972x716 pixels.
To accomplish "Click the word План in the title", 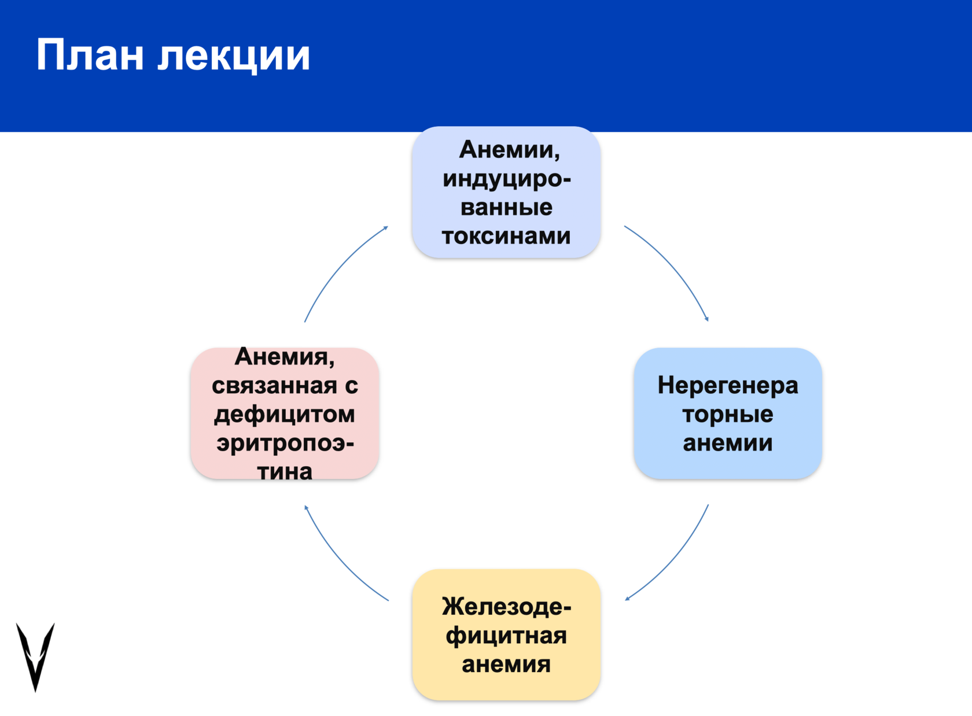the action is click(x=90, y=56).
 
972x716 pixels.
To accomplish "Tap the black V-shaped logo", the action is click(x=35, y=656).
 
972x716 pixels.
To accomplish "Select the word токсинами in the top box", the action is click(x=506, y=236).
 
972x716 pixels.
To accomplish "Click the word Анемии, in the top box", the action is click(x=510, y=150).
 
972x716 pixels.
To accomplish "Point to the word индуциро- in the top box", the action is click(x=507, y=179).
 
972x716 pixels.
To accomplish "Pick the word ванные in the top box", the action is click(x=506, y=207).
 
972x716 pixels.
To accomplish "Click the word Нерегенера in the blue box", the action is click(x=727, y=385).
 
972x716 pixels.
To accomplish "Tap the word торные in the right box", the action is click(x=727, y=414).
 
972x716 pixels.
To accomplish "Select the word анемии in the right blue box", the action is click(x=727, y=443).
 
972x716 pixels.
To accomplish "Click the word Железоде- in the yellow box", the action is click(x=506, y=607).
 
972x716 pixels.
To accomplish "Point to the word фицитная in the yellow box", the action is click(x=506, y=636).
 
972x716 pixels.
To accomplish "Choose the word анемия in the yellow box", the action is click(x=506, y=665).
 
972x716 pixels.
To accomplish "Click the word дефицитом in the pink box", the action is click(x=284, y=414).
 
